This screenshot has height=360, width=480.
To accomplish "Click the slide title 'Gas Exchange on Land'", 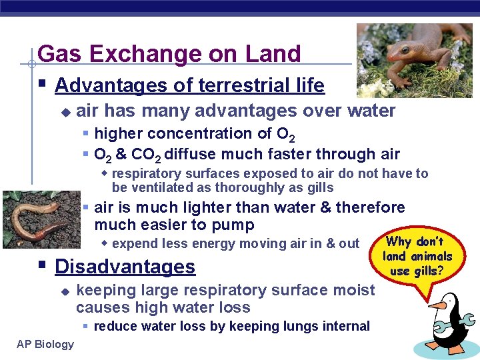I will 169,53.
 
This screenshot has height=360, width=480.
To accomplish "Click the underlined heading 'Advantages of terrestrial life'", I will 189,85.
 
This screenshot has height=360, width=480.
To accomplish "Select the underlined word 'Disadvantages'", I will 125,267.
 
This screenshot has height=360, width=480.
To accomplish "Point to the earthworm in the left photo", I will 37,220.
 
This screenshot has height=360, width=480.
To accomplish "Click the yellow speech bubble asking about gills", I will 417,257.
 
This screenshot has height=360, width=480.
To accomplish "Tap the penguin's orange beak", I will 437,305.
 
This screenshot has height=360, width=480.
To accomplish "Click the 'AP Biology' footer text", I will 45,344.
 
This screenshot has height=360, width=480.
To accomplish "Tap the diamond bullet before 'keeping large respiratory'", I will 65,291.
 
